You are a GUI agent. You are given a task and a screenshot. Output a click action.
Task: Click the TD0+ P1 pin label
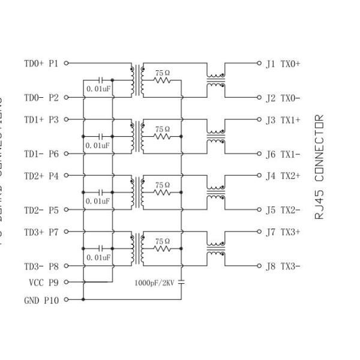point(41,63)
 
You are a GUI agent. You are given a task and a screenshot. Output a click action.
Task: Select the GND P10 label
point(41,300)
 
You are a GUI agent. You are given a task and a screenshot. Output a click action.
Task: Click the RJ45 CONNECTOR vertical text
point(319,167)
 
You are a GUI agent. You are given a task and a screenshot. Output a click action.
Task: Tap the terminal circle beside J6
point(259,154)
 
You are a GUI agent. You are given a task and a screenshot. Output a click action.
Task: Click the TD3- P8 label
point(41,266)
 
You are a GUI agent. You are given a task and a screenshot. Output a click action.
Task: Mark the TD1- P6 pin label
point(41,154)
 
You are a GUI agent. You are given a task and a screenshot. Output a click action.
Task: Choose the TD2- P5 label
point(41,210)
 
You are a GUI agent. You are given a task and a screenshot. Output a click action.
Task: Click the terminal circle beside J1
point(259,62)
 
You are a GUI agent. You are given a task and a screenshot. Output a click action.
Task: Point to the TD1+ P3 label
point(41,120)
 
